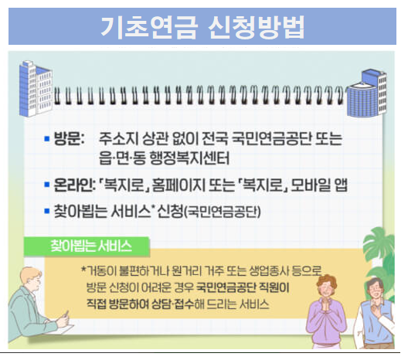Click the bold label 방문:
(x=69, y=141)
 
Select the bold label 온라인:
(x=71, y=186)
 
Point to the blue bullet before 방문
(x=46, y=141)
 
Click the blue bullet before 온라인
(x=46, y=187)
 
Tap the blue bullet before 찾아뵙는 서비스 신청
(x=46, y=211)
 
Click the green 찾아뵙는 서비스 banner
(x=90, y=247)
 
